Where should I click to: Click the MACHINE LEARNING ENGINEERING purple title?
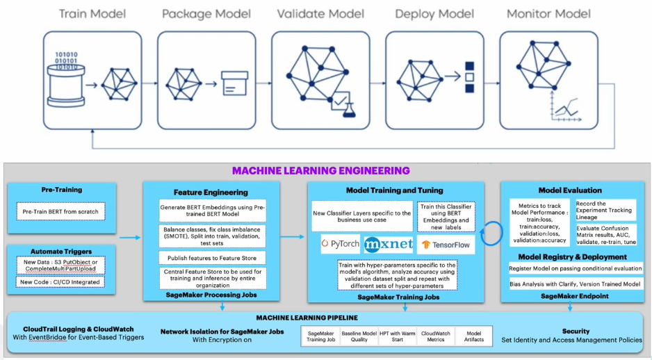coord(321,170)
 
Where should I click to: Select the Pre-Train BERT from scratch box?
coord(60,211)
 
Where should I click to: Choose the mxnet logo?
coord(388,245)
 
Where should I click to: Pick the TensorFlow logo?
coord(446,245)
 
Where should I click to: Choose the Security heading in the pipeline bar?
coord(576,331)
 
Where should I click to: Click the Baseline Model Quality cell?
coord(359,336)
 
